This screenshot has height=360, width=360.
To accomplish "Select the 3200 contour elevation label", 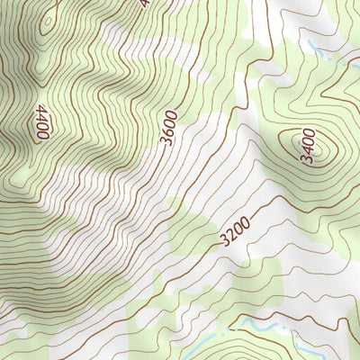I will (232, 232).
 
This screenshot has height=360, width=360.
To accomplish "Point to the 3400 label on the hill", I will (308, 148).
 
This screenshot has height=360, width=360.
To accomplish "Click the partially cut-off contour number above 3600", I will (144, 3).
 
